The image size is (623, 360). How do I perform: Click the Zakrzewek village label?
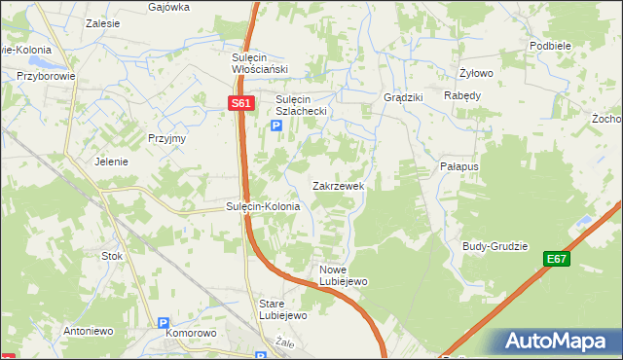tap(338, 185)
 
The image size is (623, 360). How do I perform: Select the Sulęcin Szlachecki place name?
tap(306, 105)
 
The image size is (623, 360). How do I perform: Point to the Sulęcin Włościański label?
tap(256, 62)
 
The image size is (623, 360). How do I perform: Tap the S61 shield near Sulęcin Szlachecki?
tap(242, 103)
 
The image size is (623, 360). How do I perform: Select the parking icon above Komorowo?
tap(164, 322)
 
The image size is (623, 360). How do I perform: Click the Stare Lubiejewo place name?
tap(283, 309)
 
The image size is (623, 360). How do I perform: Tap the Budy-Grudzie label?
tap(495, 246)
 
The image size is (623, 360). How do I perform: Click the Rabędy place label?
tap(462, 95)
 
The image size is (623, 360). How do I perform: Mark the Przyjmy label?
tap(166, 138)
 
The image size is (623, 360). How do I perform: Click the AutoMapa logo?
tap(556, 342)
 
